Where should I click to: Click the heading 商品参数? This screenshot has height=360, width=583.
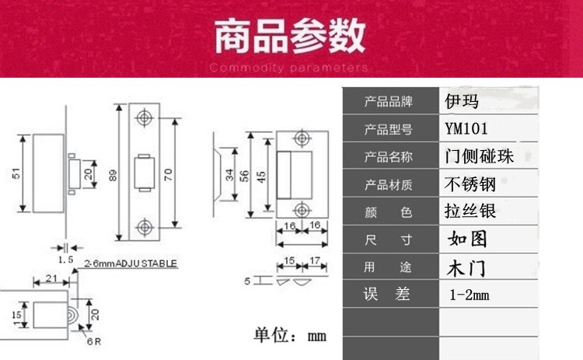289,37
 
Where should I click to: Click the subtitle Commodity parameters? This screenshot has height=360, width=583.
289,68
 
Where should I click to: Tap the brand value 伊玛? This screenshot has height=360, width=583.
462,102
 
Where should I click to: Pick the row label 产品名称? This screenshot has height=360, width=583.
389,156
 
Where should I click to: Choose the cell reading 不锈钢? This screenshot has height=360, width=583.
470,184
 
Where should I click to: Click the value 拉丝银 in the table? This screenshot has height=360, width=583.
470,211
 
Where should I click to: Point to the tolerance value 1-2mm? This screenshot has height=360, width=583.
470,295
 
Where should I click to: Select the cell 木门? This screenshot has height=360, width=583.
467,267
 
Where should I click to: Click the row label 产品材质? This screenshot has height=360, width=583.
389,184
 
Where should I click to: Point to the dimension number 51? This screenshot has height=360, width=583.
16,174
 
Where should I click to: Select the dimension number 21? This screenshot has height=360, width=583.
51,278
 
